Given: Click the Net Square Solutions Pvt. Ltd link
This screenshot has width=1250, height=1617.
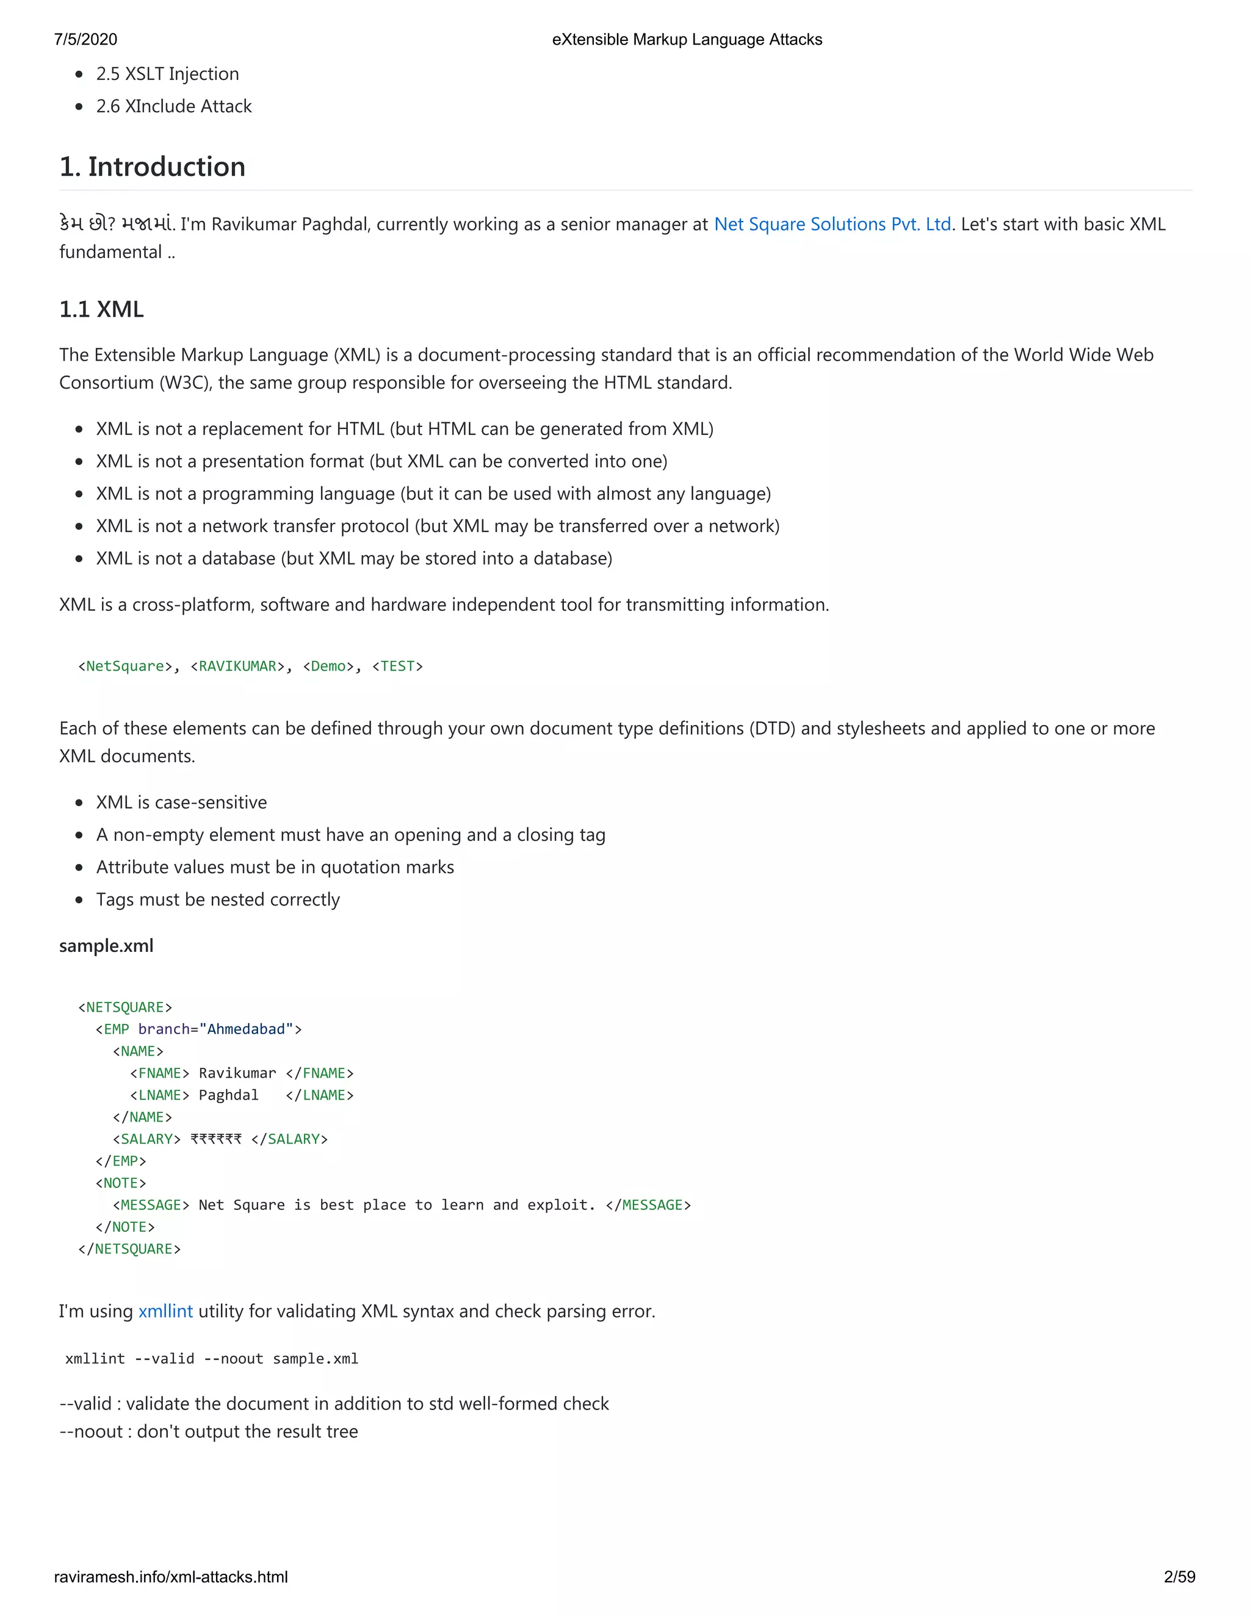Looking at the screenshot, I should (833, 225).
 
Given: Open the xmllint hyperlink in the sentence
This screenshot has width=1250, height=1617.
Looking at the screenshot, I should (165, 1311).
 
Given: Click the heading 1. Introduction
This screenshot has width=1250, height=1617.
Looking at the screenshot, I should (153, 167).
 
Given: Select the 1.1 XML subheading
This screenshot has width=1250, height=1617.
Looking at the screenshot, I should (101, 309).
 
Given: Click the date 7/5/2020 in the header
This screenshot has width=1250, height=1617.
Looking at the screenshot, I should (86, 39).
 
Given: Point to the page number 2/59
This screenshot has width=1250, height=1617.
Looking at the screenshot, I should (1179, 1577).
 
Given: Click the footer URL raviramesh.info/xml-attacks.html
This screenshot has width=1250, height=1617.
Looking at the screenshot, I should (171, 1577).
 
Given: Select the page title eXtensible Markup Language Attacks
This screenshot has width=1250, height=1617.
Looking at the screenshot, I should (687, 39).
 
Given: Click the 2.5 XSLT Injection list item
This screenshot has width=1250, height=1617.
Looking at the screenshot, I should (167, 74).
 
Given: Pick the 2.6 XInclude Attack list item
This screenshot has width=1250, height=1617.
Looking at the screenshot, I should (174, 107).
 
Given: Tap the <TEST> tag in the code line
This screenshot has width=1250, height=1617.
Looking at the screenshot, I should (398, 666).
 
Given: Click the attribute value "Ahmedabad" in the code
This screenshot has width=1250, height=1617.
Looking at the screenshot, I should (246, 1029).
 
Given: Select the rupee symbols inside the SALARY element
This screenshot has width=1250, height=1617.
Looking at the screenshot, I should (216, 1139).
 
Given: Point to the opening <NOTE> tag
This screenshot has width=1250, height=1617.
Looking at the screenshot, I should (121, 1183).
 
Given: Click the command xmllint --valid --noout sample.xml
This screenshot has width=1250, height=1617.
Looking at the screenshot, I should (212, 1359).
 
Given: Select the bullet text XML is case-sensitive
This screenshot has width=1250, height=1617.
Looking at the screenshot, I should (181, 802).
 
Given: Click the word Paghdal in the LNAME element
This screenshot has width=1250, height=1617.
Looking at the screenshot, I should (229, 1095).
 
